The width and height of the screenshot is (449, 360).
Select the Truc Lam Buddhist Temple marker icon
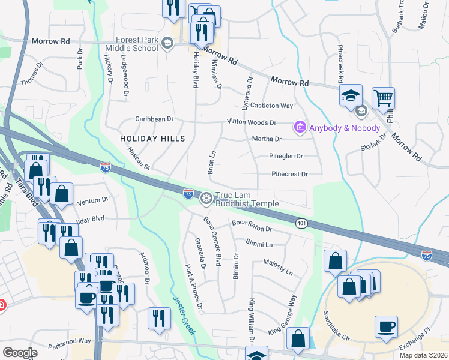click(x=206, y=197)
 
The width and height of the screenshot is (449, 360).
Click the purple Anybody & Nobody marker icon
click(x=299, y=127)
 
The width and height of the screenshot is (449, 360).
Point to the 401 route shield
click(x=301, y=223)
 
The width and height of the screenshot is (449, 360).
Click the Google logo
click(x=20, y=353)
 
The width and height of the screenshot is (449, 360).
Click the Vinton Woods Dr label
click(x=251, y=122)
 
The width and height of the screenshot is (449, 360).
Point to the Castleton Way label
click(x=271, y=106)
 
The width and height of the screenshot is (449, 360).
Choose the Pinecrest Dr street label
click(x=289, y=174)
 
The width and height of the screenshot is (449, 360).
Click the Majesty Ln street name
click(x=277, y=268)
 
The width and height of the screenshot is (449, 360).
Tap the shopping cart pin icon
click(x=383, y=97)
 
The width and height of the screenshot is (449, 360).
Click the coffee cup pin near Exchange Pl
click(x=386, y=326)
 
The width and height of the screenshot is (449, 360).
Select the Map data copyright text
click(x=423, y=355)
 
